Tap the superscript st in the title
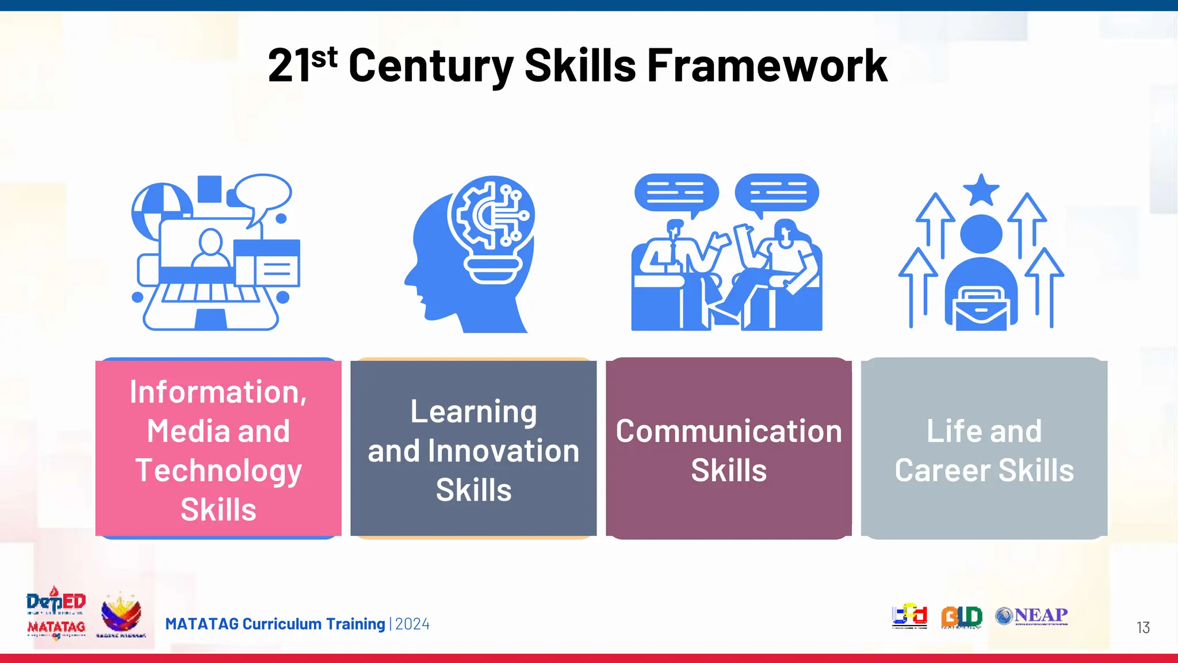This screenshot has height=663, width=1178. coord(324,58)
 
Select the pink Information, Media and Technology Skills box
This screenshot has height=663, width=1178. coord(218,448)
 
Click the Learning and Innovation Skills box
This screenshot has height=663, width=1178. coord(473,448)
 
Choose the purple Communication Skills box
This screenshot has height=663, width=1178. coord(729,448)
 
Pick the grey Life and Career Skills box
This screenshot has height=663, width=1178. coord(984,448)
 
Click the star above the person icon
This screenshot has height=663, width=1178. coord(981,189)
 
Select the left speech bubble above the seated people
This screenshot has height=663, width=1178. coord(676,193)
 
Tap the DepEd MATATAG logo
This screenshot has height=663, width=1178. coord(56,614)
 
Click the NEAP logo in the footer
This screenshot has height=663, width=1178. coord(1032,616)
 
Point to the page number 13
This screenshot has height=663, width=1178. coord(1143,627)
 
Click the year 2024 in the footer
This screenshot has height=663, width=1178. coord(412,624)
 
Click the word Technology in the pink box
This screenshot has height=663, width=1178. coord(219,471)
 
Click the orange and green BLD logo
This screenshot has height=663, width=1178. coord(961,616)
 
